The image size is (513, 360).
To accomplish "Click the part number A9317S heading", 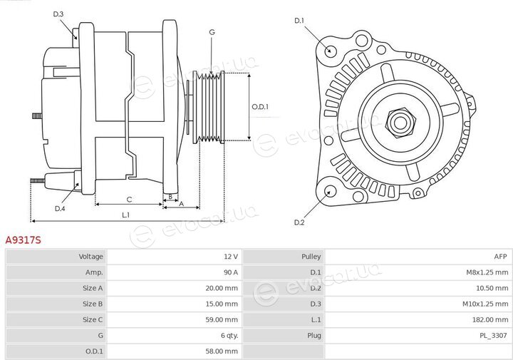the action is click(x=24, y=240).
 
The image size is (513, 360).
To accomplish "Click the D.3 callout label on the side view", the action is click(x=58, y=14).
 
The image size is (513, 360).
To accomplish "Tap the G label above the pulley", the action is click(x=212, y=32).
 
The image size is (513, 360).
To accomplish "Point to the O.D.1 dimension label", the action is click(x=260, y=107).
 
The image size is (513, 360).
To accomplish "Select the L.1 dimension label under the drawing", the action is click(x=126, y=215).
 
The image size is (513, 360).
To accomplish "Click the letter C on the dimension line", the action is click(x=129, y=200).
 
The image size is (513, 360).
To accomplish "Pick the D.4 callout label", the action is click(x=60, y=208).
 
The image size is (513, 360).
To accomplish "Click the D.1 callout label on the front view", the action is click(x=299, y=21).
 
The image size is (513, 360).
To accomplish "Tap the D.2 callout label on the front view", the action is click(x=299, y=222).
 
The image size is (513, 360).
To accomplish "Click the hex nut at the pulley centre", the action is click(x=400, y=123).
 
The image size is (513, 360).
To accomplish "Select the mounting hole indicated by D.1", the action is click(x=330, y=51).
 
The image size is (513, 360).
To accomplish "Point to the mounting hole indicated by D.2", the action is click(x=330, y=191).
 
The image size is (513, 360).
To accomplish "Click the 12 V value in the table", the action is click(x=231, y=257).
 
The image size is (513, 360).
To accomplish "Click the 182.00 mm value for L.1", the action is click(x=490, y=320).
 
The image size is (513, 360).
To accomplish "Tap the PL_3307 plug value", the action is click(x=494, y=336).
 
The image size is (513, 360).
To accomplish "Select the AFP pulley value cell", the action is click(x=418, y=257).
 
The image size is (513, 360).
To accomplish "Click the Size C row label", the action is click(x=93, y=320).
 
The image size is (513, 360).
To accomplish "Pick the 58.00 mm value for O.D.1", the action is click(x=222, y=351).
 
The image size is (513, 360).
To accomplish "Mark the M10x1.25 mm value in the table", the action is click(x=485, y=304).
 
